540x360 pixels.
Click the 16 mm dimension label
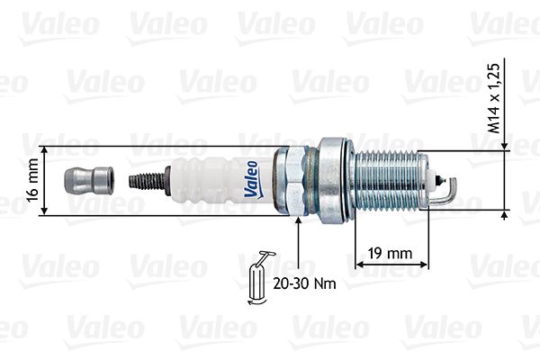click(x=32, y=180)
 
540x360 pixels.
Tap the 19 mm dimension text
click(x=390, y=254)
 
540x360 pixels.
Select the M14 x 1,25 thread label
click(x=493, y=98)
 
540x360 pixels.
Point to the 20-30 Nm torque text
click(x=305, y=283)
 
